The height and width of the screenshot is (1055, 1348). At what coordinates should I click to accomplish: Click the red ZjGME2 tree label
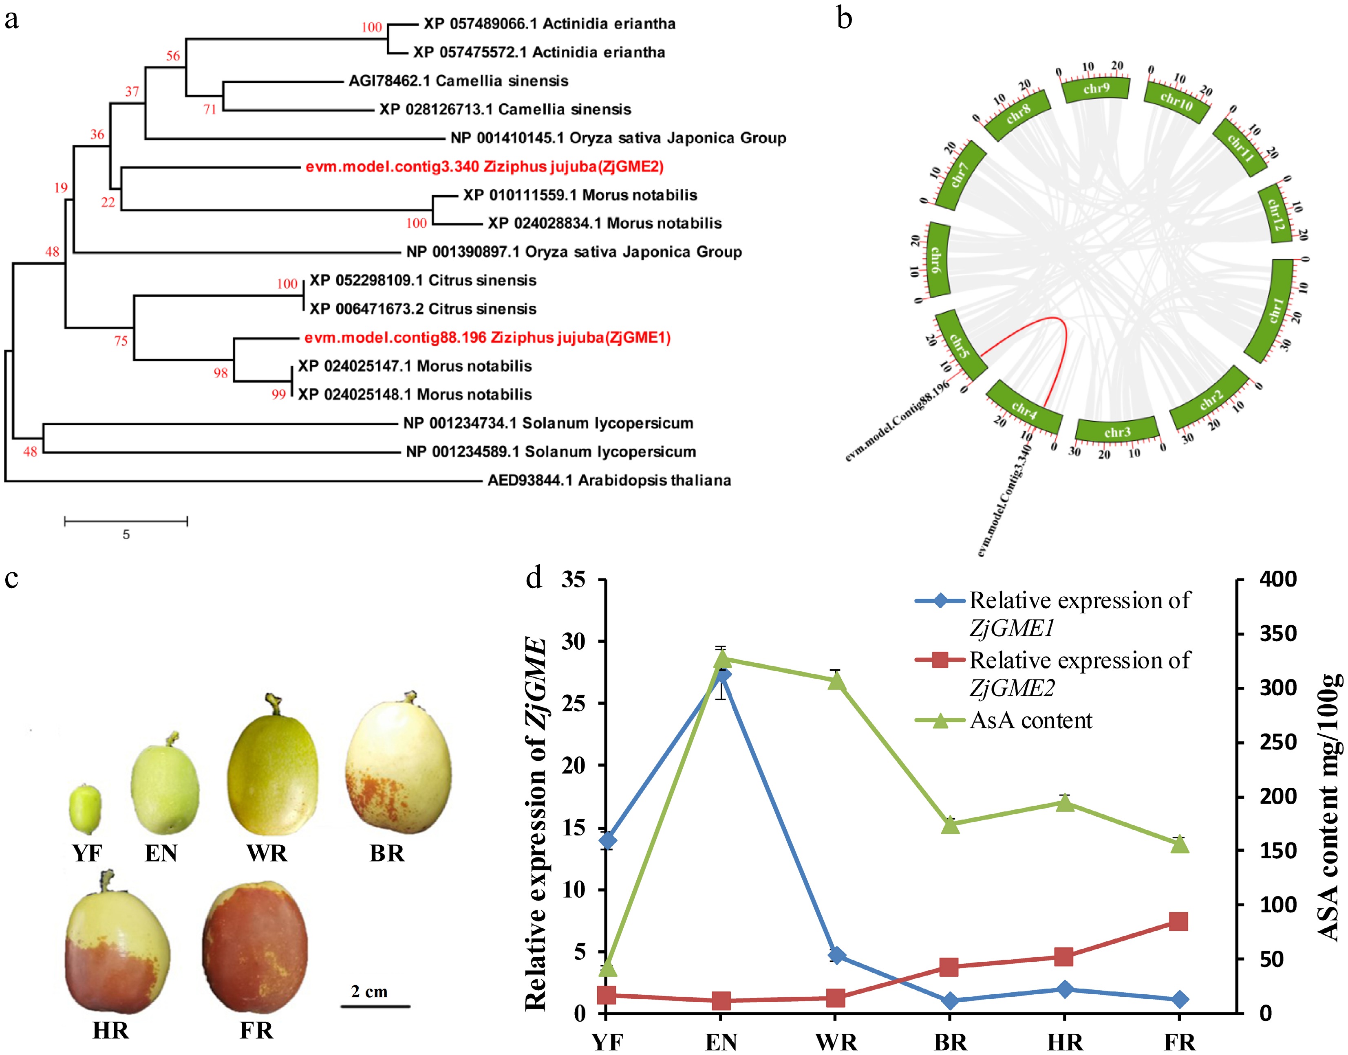coord(484,167)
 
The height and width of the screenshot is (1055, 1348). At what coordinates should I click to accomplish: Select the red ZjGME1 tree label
coord(487,338)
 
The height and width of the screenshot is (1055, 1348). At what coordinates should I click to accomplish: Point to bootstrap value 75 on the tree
coord(121,341)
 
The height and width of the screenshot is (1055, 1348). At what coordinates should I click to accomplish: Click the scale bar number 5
coord(126,535)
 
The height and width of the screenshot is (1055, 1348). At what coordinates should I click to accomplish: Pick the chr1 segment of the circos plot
coord(1275,311)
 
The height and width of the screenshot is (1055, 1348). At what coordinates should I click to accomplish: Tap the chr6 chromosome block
coord(937,259)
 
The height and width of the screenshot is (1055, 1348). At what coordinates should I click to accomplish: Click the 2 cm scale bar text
coord(369,991)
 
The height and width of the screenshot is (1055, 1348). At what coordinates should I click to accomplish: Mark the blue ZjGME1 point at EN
coord(722,675)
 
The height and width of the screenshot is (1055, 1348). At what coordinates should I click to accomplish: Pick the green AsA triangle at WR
coord(836,681)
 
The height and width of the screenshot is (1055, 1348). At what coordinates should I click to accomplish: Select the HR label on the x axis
coord(1064,1043)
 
